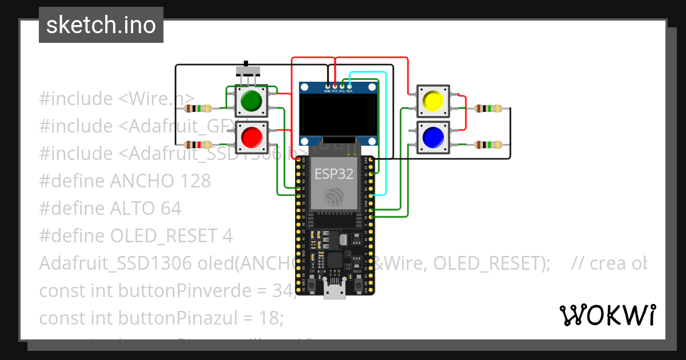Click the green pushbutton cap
(251, 101)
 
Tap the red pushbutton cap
(251, 137)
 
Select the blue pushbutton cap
(433, 137)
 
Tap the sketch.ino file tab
(101, 25)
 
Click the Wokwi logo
(607, 315)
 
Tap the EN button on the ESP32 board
(312, 284)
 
